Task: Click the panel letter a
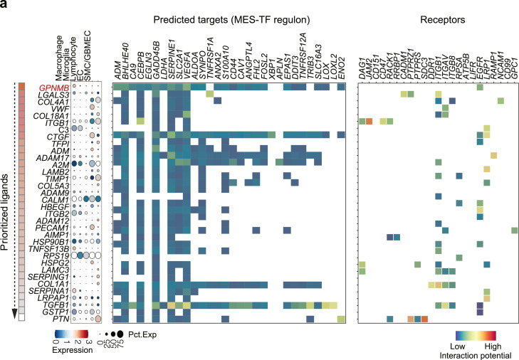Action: tap(5, 6)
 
